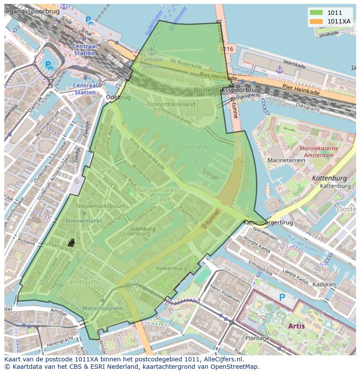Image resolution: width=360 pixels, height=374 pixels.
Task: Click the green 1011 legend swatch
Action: (316, 13)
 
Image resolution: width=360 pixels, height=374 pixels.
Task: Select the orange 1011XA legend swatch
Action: (316, 21)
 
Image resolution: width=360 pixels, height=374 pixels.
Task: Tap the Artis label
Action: (296, 325)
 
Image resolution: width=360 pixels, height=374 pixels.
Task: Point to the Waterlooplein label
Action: (103, 308)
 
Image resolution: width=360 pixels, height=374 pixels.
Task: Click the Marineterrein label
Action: (287, 160)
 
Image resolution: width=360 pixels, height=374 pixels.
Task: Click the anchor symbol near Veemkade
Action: (280, 69)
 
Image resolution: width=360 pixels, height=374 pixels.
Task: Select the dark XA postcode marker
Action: (71, 243)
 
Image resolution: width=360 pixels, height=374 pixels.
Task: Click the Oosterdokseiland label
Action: (171, 104)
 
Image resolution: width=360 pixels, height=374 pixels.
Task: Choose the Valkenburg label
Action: (171, 268)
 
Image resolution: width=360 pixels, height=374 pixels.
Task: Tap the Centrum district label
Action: (81, 282)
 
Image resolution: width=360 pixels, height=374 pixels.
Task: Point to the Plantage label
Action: (257, 338)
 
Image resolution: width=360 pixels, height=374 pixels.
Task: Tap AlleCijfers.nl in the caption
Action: (223, 359)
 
